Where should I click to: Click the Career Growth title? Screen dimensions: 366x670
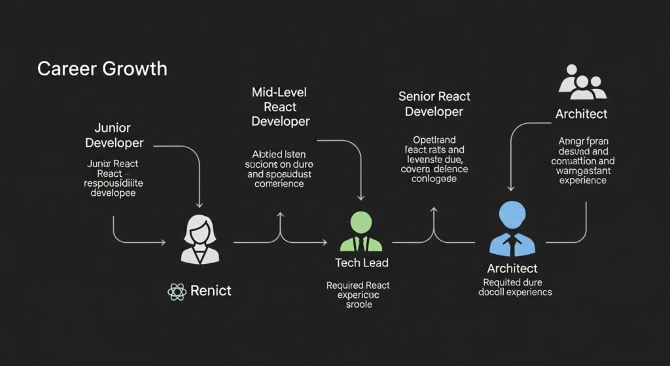102,69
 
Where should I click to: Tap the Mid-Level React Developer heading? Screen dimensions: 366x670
280,107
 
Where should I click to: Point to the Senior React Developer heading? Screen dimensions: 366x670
434,104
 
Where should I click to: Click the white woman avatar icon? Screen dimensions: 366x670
200,240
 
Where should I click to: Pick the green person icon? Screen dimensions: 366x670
361,231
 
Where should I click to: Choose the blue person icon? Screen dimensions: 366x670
512,229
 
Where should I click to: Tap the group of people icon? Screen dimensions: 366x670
582,82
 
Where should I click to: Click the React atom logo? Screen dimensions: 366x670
177,291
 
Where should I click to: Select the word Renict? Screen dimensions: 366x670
211,291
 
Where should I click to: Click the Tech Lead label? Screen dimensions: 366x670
362,263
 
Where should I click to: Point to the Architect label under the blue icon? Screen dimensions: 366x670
512,268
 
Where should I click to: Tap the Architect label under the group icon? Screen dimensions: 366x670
581,114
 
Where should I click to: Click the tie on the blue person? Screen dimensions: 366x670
512,246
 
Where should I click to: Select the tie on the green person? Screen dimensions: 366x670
361,244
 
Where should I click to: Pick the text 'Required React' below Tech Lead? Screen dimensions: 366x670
358,285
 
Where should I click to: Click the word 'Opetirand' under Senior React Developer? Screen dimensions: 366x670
434,140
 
